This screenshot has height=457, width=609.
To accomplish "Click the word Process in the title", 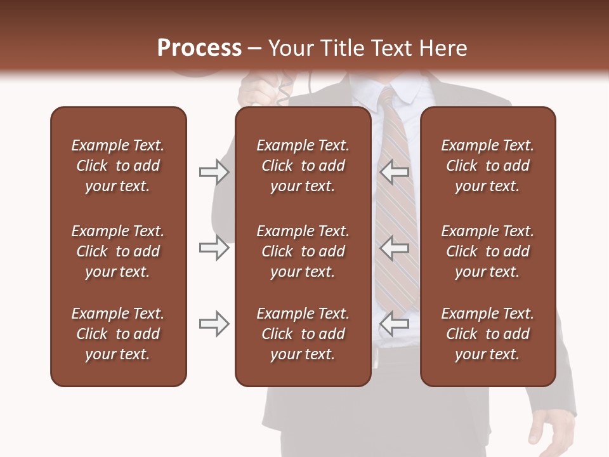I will [x=199, y=48].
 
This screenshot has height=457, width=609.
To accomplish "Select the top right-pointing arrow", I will [x=214, y=171].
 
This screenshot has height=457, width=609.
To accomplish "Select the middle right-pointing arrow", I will [x=214, y=248].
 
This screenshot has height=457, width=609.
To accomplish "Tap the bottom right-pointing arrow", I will [x=214, y=324].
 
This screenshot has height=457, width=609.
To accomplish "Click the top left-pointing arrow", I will [x=395, y=171].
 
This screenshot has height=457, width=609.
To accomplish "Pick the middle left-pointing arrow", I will [x=395, y=248].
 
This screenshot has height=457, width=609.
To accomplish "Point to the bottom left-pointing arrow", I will [x=395, y=324].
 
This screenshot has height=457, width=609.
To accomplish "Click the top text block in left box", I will [x=118, y=166].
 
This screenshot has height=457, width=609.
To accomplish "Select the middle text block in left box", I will [x=118, y=251].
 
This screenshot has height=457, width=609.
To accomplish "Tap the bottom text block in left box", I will [x=118, y=334].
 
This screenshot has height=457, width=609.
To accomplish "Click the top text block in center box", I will [x=303, y=166].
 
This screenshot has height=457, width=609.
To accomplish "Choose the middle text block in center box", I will [x=303, y=251].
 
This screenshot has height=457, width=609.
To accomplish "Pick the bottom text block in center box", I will [x=303, y=334].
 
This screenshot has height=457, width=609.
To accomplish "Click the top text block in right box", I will [x=487, y=166].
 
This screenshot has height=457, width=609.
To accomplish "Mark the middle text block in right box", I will [x=487, y=251].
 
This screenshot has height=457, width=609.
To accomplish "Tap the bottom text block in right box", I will [x=487, y=334].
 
